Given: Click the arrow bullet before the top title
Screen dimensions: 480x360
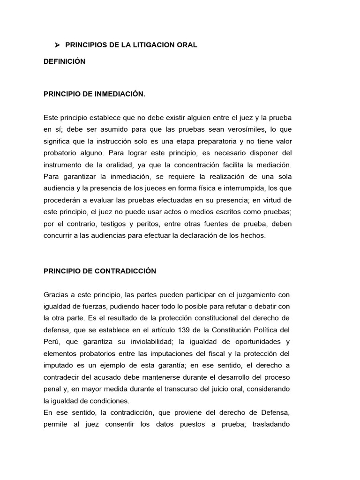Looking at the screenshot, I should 57,45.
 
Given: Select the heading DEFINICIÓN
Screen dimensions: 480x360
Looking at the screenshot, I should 64,61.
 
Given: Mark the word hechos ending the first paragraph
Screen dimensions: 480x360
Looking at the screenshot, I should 253,236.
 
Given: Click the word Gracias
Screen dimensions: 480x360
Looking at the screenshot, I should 56,295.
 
